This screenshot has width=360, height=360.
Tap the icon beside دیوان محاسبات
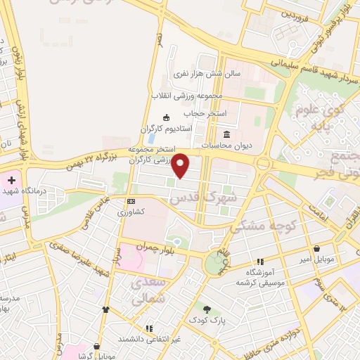226,134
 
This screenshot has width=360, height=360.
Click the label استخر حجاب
202,112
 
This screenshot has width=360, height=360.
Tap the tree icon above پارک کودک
207,308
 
